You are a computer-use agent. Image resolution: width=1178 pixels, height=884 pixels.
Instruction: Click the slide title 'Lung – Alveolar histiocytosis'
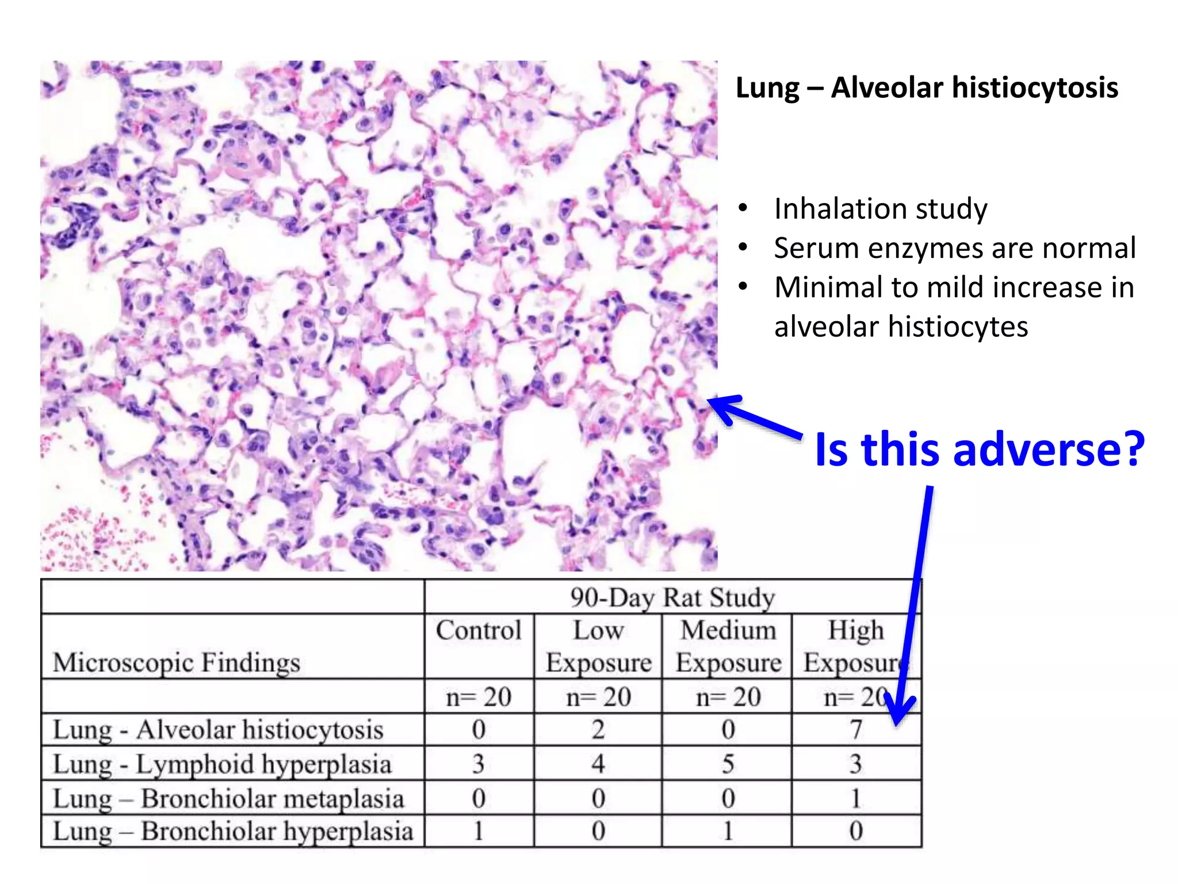[x=927, y=88]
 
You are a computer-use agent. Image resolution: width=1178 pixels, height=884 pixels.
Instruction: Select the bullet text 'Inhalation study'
[x=880, y=208]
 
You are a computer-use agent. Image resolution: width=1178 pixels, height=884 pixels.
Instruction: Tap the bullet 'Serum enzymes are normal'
[x=954, y=248]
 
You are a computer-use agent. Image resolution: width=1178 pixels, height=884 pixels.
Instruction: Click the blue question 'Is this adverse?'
[x=980, y=449]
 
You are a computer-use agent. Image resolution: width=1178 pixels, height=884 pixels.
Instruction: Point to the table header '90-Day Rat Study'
[x=672, y=597]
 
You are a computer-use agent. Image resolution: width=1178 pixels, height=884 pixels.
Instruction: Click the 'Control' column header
[x=479, y=630]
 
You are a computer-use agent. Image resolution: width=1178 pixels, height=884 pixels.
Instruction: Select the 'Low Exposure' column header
[x=598, y=646]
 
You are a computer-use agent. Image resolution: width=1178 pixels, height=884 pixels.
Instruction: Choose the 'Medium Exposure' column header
[x=728, y=646]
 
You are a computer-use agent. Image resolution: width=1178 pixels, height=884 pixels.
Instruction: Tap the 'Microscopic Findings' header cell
[x=177, y=662]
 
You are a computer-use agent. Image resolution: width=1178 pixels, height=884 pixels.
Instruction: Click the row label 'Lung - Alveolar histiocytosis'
[x=218, y=730]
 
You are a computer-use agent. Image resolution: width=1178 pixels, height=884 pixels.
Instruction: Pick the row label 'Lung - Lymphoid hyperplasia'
[x=222, y=764]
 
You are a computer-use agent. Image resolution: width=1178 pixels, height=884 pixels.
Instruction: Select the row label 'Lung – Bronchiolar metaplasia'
[x=228, y=799]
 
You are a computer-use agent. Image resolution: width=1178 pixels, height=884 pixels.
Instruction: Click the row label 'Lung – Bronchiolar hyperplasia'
[x=233, y=832]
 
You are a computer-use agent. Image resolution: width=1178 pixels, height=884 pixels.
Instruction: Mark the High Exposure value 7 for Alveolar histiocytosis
[x=856, y=730]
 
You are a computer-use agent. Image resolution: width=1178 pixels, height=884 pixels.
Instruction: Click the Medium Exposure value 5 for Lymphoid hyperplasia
[x=728, y=764]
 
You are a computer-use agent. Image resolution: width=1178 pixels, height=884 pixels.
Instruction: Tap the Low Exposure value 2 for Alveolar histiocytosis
[x=598, y=730]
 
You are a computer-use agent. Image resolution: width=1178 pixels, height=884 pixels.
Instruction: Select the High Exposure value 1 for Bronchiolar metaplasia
[x=856, y=799]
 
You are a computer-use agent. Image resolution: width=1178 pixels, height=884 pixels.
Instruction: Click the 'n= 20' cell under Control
[x=479, y=698]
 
